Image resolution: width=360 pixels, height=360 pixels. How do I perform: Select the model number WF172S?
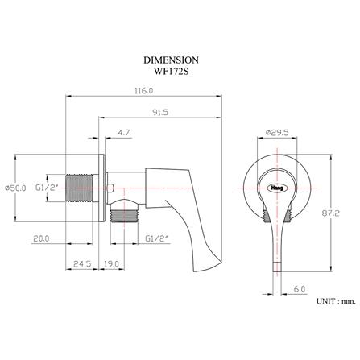click(180, 72)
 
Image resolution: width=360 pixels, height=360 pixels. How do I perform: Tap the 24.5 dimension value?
click(81, 263)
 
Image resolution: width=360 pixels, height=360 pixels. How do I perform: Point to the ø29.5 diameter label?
click(277, 133)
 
